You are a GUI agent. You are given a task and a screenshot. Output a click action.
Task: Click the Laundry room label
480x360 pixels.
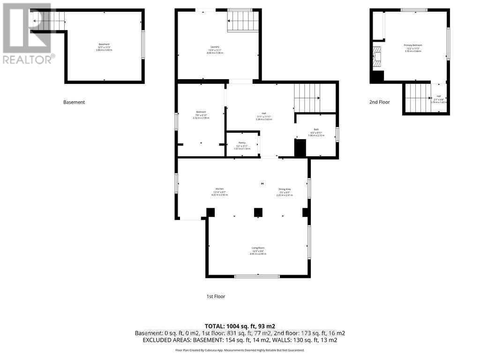coord(215,47)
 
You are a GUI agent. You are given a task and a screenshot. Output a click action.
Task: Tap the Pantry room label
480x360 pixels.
coord(242,142)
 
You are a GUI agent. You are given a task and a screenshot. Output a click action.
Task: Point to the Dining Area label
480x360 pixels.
coord(285,189)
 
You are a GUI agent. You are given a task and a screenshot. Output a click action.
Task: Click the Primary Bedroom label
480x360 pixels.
coord(413,45)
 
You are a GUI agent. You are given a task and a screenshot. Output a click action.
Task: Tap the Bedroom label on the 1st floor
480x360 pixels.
coord(201,112)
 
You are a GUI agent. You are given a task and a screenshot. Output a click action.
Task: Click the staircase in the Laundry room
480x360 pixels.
coord(243,22)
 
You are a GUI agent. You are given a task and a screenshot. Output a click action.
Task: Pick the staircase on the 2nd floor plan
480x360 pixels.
coord(417,97)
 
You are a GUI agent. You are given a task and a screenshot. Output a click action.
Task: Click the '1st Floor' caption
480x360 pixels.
coord(216,296)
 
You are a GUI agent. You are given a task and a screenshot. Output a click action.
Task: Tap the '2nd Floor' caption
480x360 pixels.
coord(380,102)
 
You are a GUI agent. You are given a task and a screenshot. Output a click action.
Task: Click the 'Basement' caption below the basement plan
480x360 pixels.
coord(74,102)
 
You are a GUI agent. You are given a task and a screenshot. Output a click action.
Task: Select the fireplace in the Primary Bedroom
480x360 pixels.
coord(378,57)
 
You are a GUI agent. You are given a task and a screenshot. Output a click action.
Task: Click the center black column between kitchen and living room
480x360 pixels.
coord(258,212)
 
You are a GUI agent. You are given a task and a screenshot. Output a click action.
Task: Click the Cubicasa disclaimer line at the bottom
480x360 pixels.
coord(240,350)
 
